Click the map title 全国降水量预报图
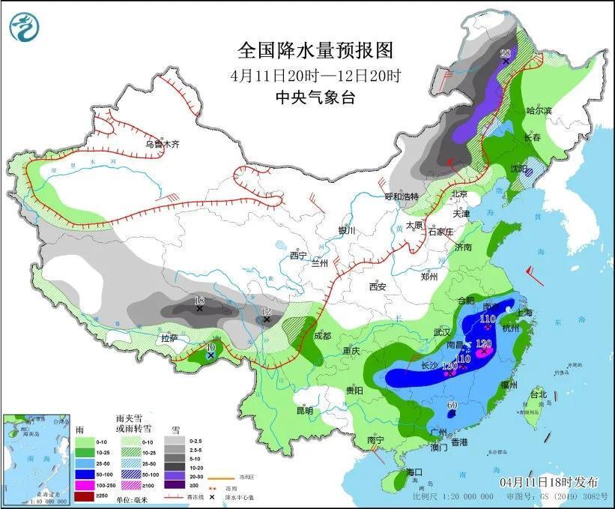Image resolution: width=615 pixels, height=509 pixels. click(315, 50)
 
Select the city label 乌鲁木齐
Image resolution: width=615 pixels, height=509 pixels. click(163, 144)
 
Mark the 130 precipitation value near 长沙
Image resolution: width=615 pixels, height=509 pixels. click(450, 366)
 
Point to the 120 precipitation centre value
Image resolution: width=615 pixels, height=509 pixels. click(484, 343)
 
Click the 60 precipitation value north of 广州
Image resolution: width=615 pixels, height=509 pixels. click(452, 406)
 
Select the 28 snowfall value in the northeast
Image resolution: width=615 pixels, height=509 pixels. click(505, 52)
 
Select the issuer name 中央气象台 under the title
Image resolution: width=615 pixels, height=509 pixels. click(315, 97)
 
